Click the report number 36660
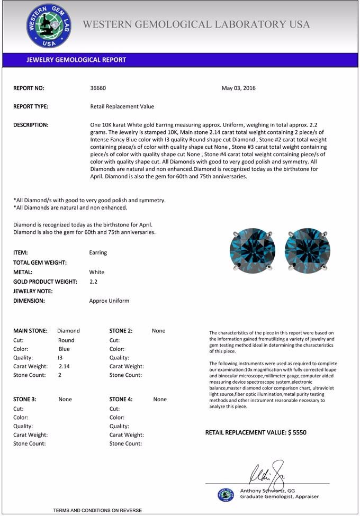tap(98, 88)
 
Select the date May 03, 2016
tap(238, 88)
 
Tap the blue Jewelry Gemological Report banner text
tap(76, 60)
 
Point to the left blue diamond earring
tap(252, 250)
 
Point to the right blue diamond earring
tap(307, 250)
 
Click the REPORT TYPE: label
tap(31, 106)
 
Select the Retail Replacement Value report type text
tap(122, 106)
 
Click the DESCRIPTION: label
tap(31, 125)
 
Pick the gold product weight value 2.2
tap(94, 282)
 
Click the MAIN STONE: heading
tap(30, 331)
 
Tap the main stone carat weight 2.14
tap(65, 366)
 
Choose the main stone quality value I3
tap(60, 358)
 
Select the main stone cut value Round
tap(66, 340)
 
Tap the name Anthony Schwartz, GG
tap(267, 491)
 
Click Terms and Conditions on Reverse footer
tap(97, 510)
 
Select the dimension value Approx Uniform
tap(109, 301)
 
